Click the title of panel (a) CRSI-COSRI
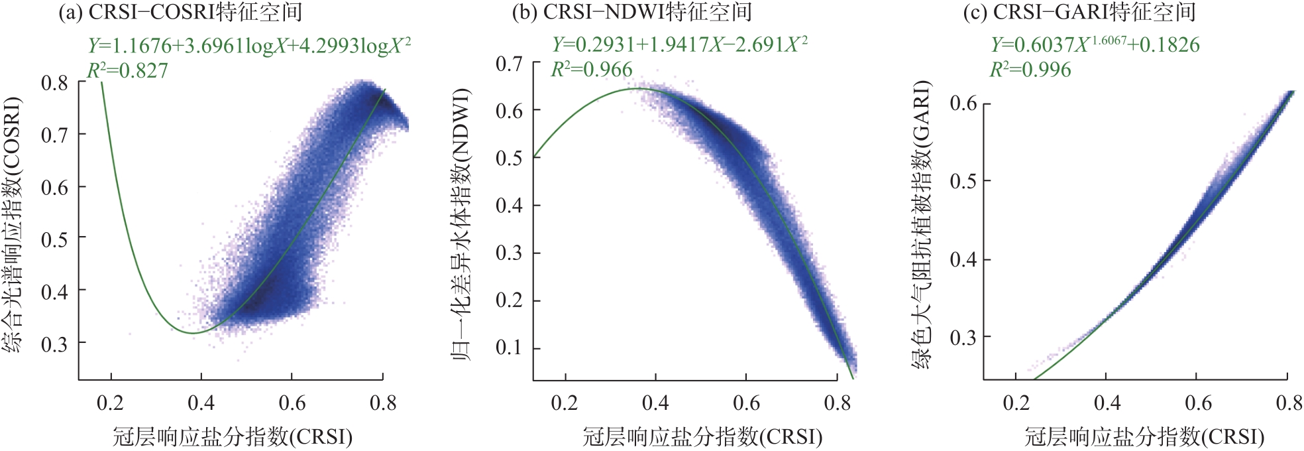point(180,12)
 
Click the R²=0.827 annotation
point(128,70)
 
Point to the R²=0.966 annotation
point(592,69)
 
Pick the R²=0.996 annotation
point(1030,69)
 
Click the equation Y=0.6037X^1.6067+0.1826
point(1095,44)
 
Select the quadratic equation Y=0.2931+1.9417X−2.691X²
point(680,44)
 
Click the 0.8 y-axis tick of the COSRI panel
point(54,83)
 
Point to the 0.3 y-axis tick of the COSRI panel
point(54,344)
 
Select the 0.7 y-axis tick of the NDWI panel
point(509,64)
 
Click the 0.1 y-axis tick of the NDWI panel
point(509,348)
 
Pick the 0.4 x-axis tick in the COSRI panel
point(201,403)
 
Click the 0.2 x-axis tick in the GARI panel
point(1016,403)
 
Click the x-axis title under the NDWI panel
point(702,436)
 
